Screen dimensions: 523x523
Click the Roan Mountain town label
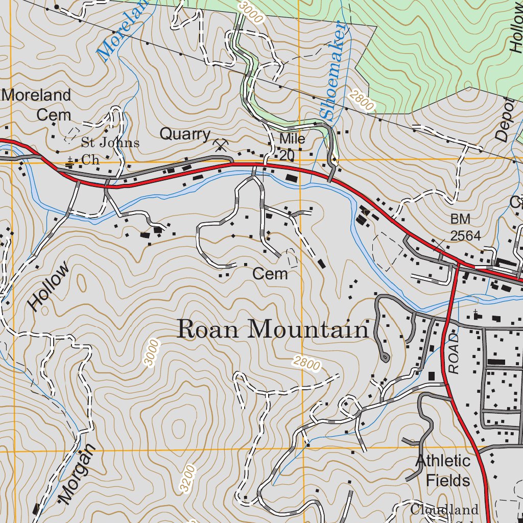pos(272,329)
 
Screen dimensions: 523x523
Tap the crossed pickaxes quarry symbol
pos(221,146)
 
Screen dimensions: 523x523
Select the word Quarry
pos(184,134)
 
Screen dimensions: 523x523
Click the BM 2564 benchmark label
pos(465,227)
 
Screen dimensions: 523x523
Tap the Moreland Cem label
pos(37,105)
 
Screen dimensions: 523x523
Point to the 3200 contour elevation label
pos(187,479)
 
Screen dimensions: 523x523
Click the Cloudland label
pos(444,510)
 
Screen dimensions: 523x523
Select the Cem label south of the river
pos(270,274)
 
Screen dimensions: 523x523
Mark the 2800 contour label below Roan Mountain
pos(306,364)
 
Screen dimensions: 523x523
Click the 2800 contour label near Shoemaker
pos(362,100)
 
